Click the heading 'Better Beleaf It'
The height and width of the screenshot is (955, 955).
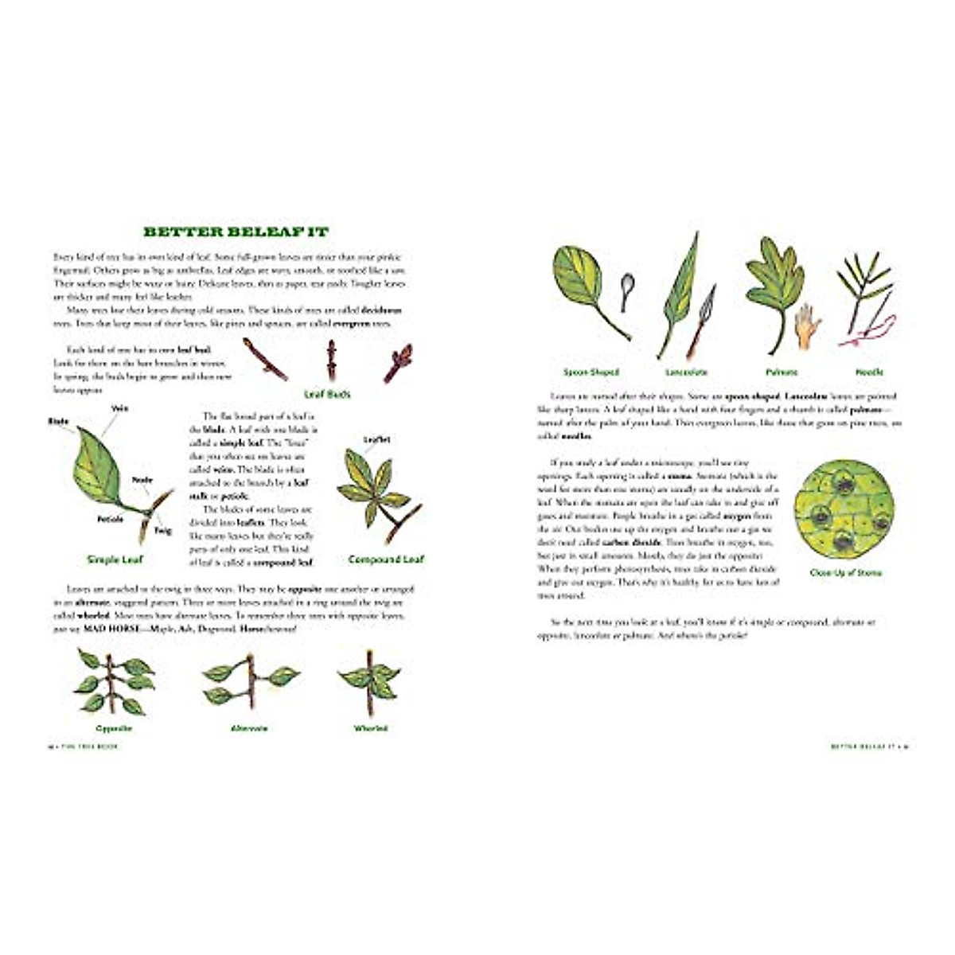point(236,232)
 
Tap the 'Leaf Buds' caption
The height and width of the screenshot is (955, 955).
point(327,394)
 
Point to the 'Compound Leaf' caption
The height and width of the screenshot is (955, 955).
point(386,559)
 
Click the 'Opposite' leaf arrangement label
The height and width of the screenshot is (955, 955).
point(114,728)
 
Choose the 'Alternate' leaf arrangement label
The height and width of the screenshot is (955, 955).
point(249,728)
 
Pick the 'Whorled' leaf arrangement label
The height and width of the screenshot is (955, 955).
point(370,728)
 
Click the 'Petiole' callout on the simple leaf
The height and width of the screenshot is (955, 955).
point(111,520)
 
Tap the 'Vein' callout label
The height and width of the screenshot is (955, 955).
point(120,408)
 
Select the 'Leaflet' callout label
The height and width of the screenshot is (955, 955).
point(376,439)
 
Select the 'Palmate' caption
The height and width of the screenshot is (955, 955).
point(782,372)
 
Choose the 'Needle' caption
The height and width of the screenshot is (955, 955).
point(869,372)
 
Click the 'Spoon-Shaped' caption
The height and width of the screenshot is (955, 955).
point(591,372)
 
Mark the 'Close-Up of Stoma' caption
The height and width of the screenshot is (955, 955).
point(845,572)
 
